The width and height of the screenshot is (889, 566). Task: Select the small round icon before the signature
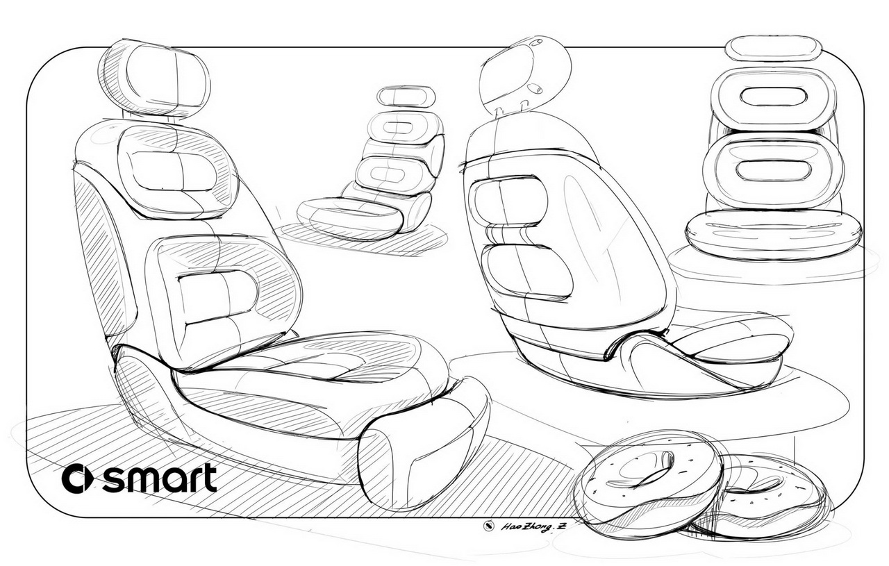(488, 525)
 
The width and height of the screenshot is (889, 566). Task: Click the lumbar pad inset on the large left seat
(218, 296)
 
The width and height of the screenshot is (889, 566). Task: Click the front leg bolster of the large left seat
(423, 442)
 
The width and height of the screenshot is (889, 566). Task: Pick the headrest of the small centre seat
(406, 97)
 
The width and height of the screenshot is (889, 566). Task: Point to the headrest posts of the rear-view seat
(511, 108)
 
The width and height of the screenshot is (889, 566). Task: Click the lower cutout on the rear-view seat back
(527, 272)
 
